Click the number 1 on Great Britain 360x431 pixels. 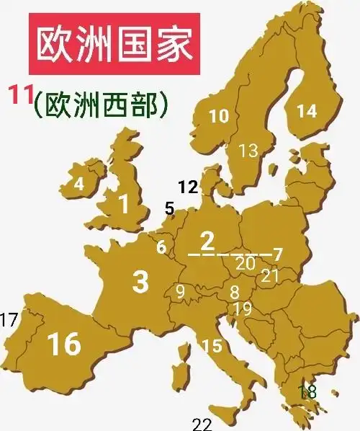(124, 205)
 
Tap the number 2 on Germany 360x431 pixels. (207, 239)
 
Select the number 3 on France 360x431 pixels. (140, 282)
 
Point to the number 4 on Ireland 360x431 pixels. (79, 184)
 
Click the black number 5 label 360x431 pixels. (169, 209)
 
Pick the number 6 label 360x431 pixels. (161, 246)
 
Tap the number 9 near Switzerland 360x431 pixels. (180, 291)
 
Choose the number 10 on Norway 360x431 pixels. (219, 115)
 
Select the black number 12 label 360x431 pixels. (188, 187)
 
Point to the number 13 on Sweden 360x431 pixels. (248, 151)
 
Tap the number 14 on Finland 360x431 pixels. (307, 111)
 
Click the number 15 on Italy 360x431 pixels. (212, 347)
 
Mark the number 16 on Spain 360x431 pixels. (63, 345)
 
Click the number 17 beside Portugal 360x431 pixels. (9, 318)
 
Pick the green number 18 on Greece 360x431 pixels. (307, 392)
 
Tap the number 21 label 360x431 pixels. (270, 275)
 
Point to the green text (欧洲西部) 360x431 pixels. (101, 105)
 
